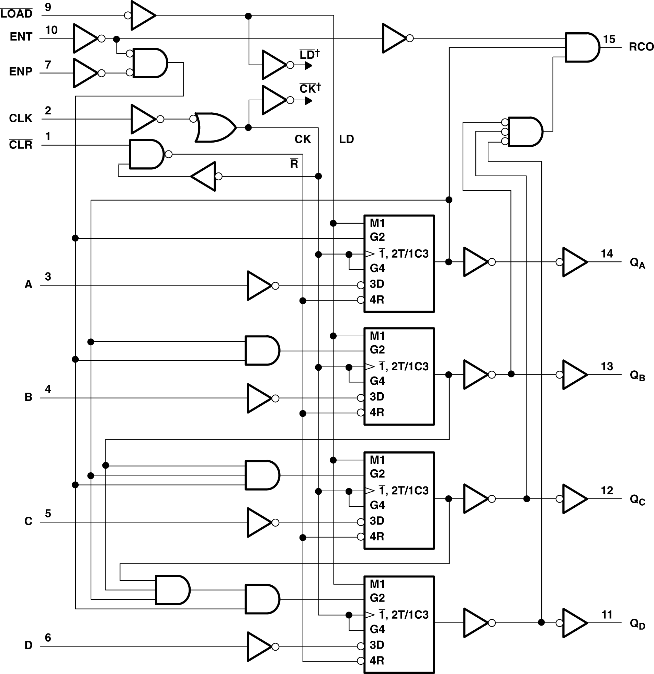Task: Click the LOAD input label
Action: [16, 14]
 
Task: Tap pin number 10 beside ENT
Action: [51, 30]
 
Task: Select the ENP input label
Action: [21, 71]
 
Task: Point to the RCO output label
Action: [641, 47]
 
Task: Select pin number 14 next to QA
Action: [607, 254]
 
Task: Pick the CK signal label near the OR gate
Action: [303, 139]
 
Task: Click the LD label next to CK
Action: [346, 139]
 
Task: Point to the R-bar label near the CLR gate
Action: [294, 164]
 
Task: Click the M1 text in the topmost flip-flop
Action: [377, 223]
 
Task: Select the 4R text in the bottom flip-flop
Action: [377, 660]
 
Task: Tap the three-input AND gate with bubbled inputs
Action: [525, 132]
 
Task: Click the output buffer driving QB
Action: [574, 374]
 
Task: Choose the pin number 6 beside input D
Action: [48, 638]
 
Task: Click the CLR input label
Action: [21, 145]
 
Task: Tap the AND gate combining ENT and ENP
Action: [150, 63]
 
